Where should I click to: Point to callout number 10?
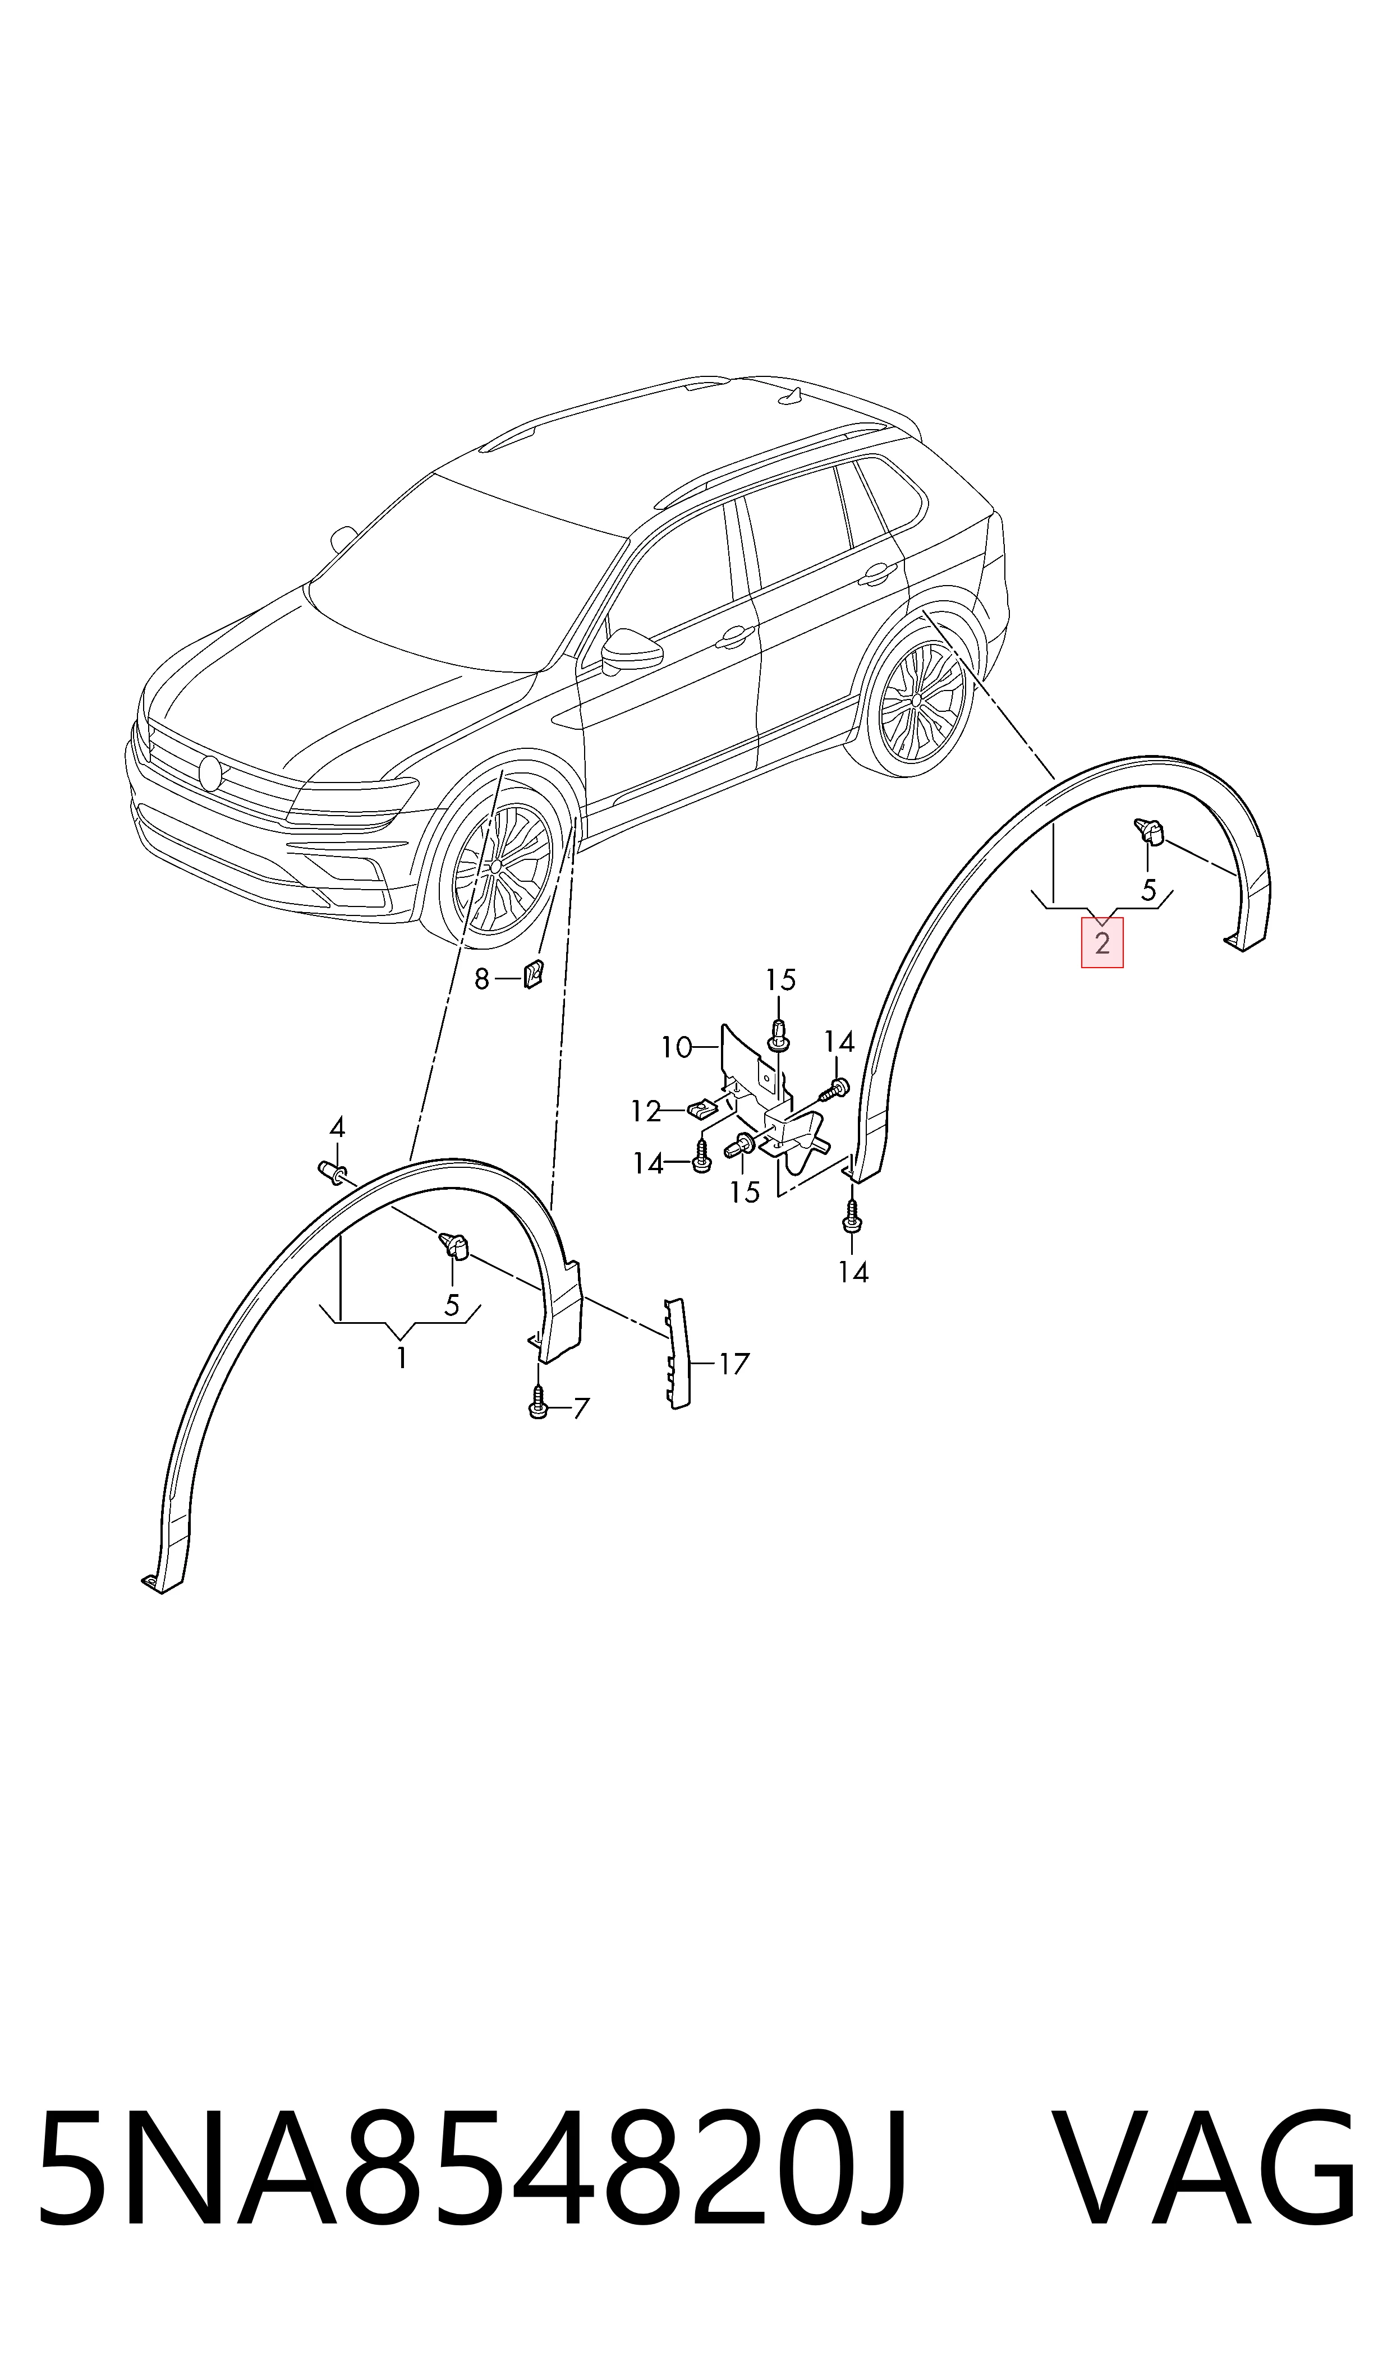[x=676, y=1046]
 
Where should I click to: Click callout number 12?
[x=646, y=1111]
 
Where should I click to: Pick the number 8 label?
[x=482, y=980]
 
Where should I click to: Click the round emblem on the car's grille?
[x=210, y=772]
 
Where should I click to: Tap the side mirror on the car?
[x=630, y=649]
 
